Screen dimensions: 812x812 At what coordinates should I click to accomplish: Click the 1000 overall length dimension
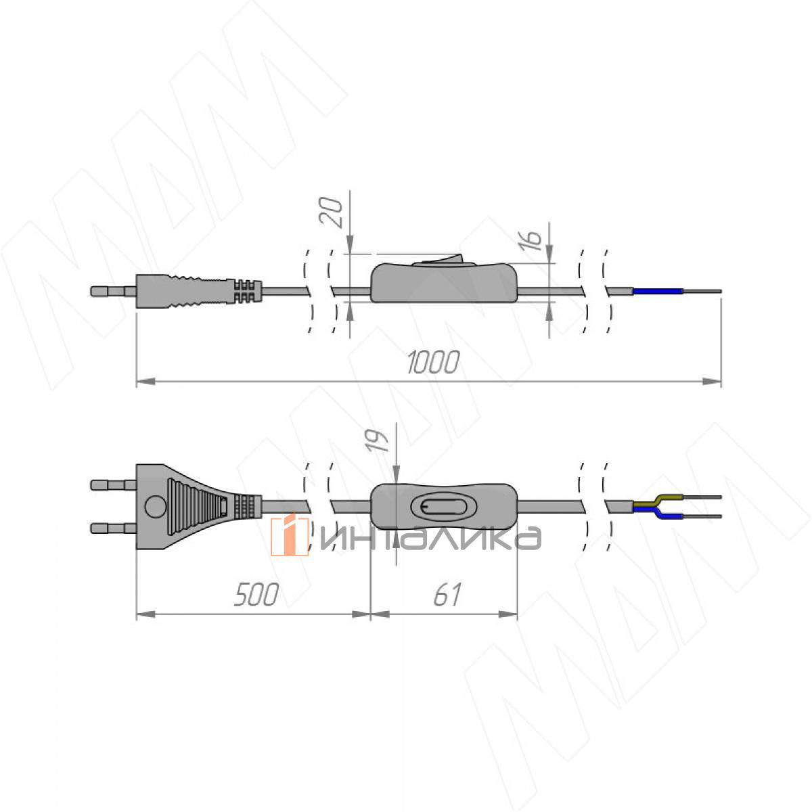coord(433,362)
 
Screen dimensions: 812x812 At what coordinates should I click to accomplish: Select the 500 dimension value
coord(256,595)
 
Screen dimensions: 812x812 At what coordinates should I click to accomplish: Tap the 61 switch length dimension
coord(447,595)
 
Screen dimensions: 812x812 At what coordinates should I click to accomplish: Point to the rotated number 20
coord(331,212)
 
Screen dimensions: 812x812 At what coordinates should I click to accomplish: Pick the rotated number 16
coord(531,241)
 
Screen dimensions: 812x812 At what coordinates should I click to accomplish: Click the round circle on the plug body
coord(155,507)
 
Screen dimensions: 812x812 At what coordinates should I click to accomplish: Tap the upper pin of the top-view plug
coord(113,485)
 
